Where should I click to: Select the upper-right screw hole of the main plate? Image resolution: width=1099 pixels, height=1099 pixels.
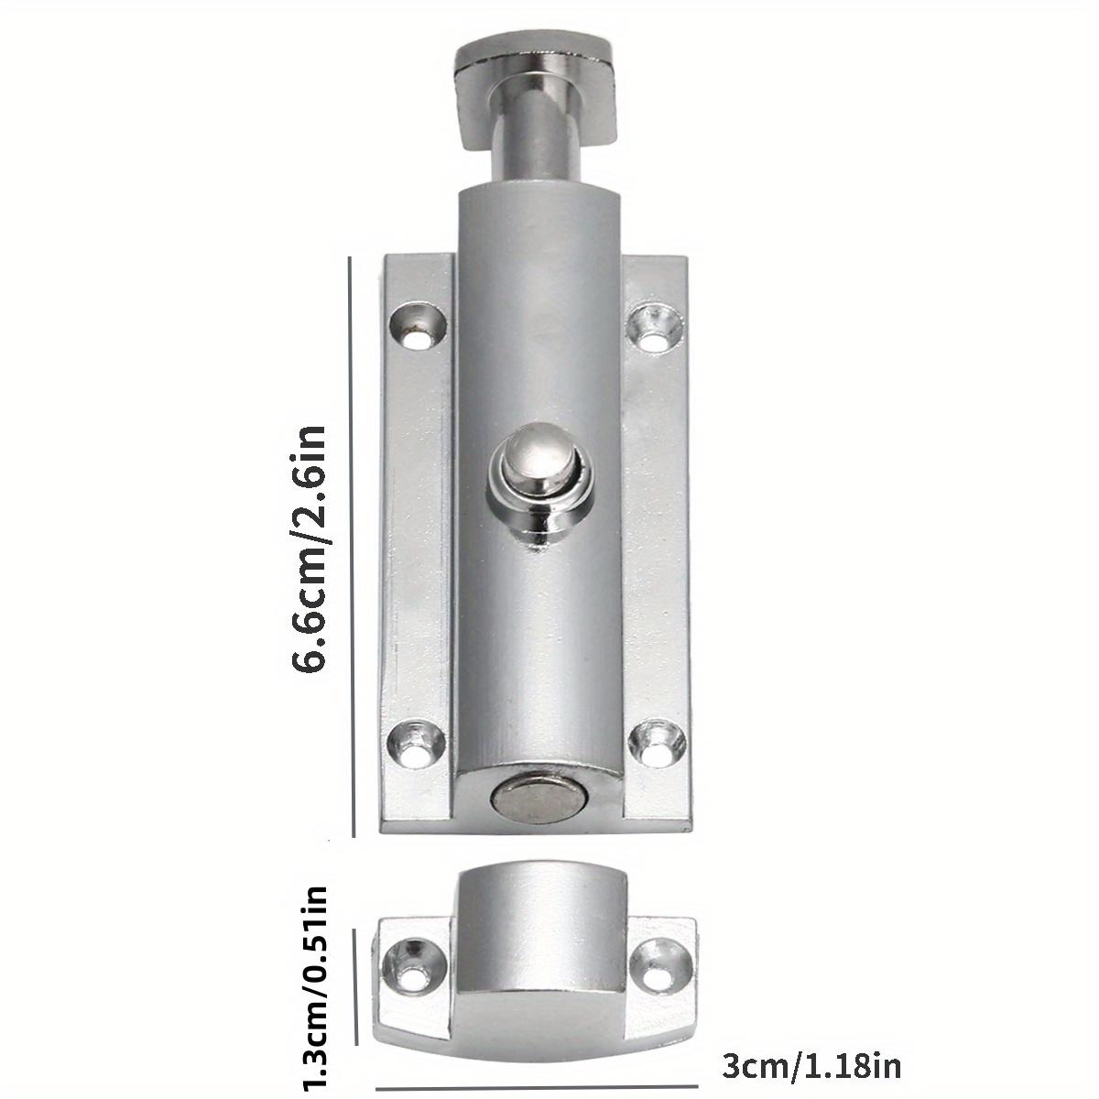coord(655,328)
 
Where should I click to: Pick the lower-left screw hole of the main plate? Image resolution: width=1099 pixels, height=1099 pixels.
coord(415,744)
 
